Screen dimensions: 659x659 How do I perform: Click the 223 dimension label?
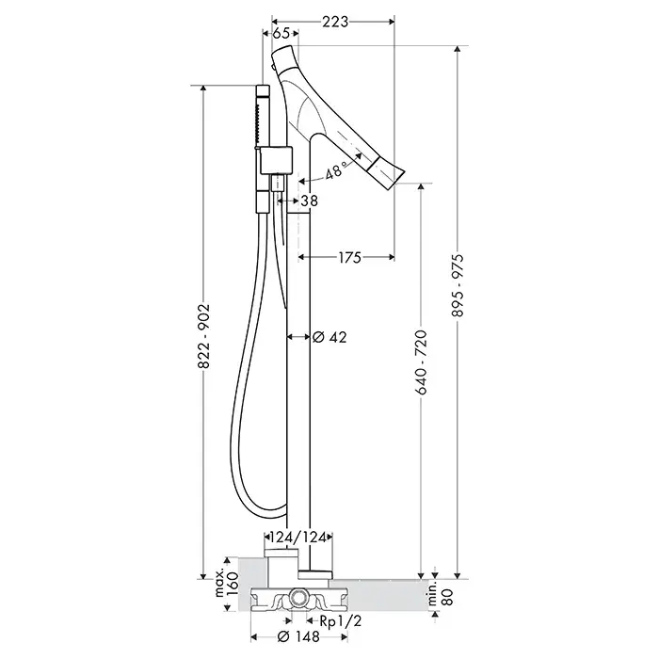click(335, 21)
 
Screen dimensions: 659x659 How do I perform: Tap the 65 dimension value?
click(281, 33)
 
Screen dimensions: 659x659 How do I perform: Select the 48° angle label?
click(335, 170)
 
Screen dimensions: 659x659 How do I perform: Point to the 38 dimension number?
click(310, 201)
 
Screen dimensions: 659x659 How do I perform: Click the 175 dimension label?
click(349, 257)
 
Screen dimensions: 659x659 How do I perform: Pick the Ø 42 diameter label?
click(329, 337)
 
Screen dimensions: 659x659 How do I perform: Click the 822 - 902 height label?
click(204, 336)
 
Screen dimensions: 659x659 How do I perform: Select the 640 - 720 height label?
click(421, 362)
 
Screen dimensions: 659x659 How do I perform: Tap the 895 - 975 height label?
click(458, 285)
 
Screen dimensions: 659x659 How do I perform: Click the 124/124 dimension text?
click(298, 538)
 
